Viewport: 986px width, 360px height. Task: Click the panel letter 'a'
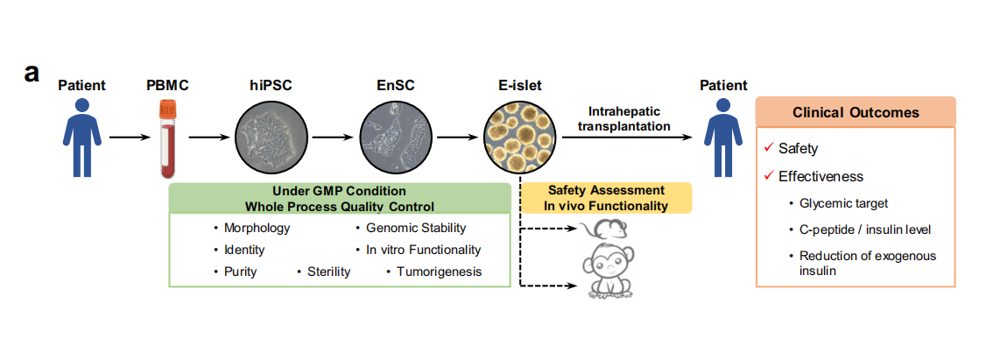[32, 73]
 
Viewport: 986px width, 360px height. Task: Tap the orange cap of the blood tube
[167, 110]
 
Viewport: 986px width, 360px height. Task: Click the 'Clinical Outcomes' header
[856, 113]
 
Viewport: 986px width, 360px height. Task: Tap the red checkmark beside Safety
[768, 149]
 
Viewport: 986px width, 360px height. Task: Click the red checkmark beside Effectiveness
[768, 176]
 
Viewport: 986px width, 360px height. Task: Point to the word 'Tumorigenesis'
[439, 272]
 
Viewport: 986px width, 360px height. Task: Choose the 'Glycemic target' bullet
[843, 203]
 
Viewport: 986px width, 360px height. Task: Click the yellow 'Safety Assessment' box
[607, 198]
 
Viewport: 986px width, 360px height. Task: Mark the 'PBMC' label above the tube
[167, 85]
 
